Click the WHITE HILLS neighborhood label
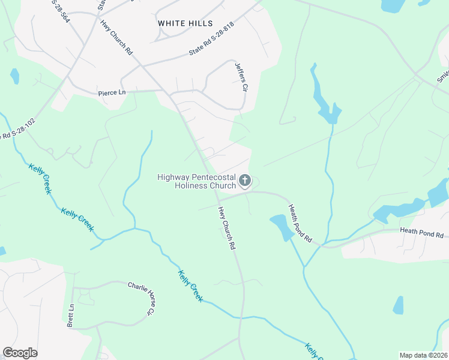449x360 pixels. (x=185, y=23)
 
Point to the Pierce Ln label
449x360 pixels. (x=112, y=93)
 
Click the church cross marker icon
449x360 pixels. (x=244, y=180)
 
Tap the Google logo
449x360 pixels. (x=20, y=353)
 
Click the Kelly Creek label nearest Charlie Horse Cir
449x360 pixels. (x=191, y=286)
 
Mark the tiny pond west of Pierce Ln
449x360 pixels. (x=14, y=76)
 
